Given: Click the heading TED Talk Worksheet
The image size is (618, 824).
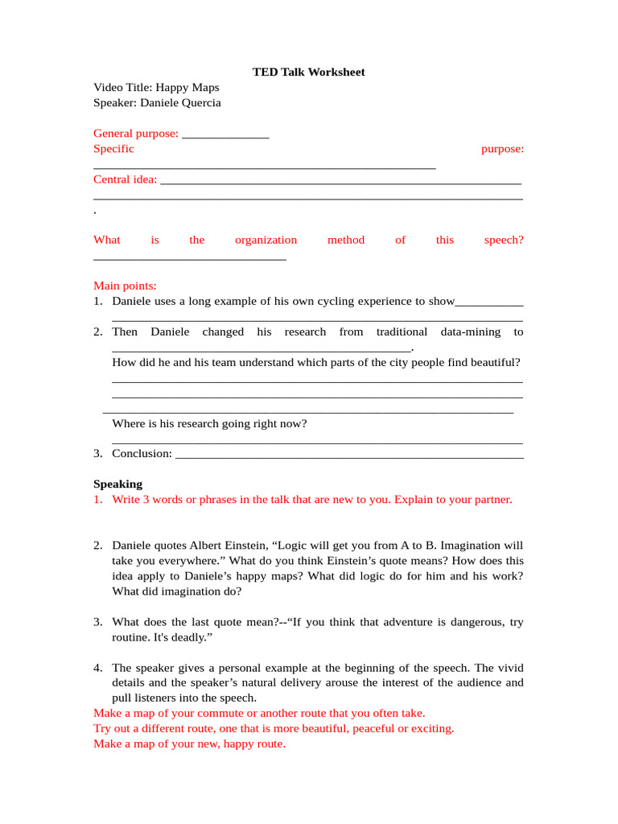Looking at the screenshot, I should (x=308, y=72).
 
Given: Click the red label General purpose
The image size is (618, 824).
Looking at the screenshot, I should (x=135, y=134).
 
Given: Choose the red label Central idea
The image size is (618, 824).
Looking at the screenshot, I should (x=125, y=179).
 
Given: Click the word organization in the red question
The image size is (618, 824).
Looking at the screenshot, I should (x=266, y=240).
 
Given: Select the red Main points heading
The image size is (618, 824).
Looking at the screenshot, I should (x=125, y=286).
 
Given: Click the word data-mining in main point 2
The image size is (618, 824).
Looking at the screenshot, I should (x=470, y=332).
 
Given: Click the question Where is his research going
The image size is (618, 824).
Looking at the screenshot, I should (x=209, y=423).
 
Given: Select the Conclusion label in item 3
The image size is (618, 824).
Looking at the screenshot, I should (x=142, y=454).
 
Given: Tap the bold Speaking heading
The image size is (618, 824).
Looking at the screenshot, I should (x=117, y=484).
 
